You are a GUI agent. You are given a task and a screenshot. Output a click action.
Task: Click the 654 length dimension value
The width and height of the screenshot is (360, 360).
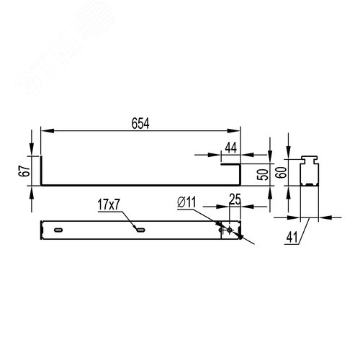pyautogui.click(x=140, y=123)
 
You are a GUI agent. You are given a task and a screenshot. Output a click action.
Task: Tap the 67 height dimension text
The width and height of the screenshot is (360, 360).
pyautogui.click(x=24, y=171)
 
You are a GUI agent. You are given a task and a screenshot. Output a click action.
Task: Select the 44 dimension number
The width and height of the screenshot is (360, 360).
pyautogui.click(x=231, y=148)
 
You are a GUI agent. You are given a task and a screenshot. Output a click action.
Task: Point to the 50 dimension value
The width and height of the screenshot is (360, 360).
pyautogui.click(x=262, y=175)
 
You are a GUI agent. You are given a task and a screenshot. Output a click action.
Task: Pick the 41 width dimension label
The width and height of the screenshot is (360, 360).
pyautogui.click(x=292, y=238)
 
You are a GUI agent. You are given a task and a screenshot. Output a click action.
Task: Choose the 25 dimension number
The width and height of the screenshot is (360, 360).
pyautogui.click(x=235, y=199)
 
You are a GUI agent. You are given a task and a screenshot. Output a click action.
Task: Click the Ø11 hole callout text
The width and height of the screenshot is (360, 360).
pyautogui.click(x=186, y=202)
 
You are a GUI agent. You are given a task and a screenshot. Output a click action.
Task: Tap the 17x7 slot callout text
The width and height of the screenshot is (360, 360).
pyautogui.click(x=109, y=205)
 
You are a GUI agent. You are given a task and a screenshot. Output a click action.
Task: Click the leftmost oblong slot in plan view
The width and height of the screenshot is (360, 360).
pyautogui.click(x=58, y=230)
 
